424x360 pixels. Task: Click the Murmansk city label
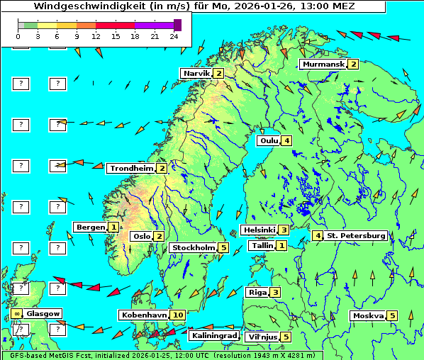pyautogui.click(x=323, y=64)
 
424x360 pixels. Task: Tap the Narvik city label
pyautogui.click(x=196, y=74)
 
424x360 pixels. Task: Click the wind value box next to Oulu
pyautogui.click(x=286, y=140)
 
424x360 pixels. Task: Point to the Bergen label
pyautogui.click(x=91, y=227)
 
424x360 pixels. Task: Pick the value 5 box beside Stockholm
pyautogui.click(x=223, y=248)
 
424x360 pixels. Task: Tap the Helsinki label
pyautogui.click(x=258, y=230)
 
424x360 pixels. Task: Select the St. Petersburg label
pyautogui.click(x=356, y=235)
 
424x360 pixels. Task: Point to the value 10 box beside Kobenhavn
pyautogui.click(x=178, y=315)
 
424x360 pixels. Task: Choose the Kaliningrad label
pyautogui.click(x=213, y=336)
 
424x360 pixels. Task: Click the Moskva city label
pyautogui.click(x=368, y=316)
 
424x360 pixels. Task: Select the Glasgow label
pyautogui.click(x=43, y=314)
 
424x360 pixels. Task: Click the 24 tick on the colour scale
pyautogui.click(x=174, y=36)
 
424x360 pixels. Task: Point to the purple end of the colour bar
pyautogui.click(x=177, y=25)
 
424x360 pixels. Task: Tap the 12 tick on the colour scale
pyautogui.click(x=96, y=36)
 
